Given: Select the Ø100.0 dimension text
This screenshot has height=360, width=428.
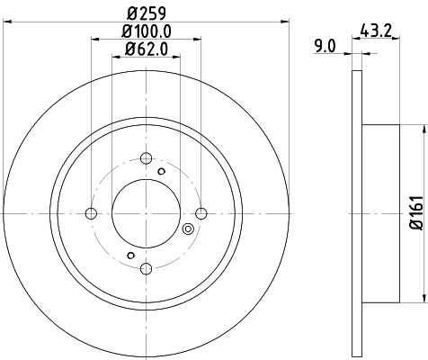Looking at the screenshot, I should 146,34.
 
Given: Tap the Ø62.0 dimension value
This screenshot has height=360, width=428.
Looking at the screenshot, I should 146,51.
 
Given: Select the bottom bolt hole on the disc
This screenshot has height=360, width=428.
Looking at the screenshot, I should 146,268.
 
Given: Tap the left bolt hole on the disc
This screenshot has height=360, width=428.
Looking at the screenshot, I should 91,213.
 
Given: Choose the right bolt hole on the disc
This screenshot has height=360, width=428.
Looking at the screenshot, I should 201,213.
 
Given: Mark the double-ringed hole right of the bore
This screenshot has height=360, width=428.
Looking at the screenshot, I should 188,230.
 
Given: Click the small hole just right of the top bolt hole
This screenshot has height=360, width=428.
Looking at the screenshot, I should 162,169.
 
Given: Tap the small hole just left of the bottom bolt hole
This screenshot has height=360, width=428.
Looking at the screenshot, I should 129,256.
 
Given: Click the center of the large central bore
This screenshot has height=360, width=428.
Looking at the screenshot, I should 146,213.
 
